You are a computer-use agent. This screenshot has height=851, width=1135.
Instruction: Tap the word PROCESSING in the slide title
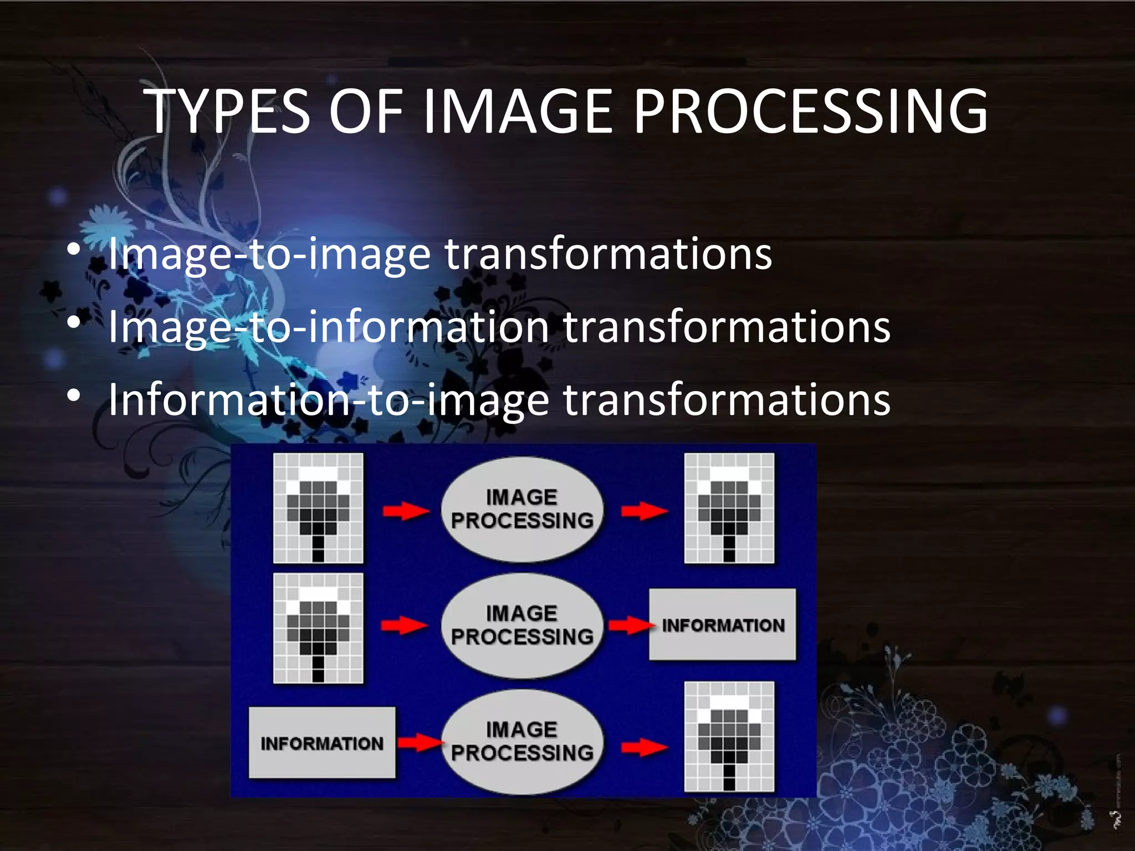pyautogui.click(x=810, y=112)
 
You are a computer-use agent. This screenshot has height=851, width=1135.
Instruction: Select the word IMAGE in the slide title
pyautogui.click(x=518, y=112)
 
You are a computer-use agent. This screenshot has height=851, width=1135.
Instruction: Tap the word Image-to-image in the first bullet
pyautogui.click(x=269, y=254)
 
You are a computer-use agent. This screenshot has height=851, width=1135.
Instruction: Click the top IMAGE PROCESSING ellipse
pyautogui.click(x=522, y=509)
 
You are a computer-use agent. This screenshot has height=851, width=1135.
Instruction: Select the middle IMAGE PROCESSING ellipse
pyautogui.click(x=522, y=626)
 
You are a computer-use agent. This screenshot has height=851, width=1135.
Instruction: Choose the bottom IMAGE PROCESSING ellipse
pyautogui.click(x=522, y=742)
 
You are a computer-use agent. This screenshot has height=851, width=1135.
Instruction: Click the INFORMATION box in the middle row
pyautogui.click(x=723, y=625)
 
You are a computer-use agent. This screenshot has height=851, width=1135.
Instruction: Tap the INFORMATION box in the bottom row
pyautogui.click(x=322, y=742)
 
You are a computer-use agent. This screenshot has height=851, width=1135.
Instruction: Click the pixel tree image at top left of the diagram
pyautogui.click(x=318, y=508)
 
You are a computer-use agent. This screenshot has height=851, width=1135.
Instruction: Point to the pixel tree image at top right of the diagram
pyautogui.click(x=729, y=508)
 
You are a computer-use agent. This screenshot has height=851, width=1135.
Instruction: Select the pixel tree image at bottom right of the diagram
pyautogui.click(x=729, y=736)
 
